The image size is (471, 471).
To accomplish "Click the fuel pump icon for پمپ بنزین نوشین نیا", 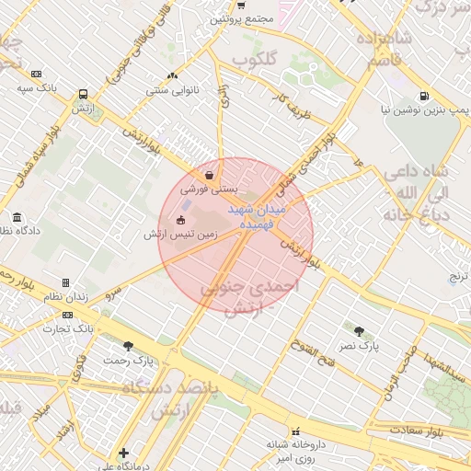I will point(423,95).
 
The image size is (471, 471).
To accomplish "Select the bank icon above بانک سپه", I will point(36,74).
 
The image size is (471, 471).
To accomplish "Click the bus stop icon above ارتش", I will point(84,94).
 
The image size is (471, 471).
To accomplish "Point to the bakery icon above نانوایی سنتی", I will point(172,76).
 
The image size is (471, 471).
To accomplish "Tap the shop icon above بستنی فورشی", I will point(212,174).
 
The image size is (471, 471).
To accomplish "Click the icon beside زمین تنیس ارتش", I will point(180,219).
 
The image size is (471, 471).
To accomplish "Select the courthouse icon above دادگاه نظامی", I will point(16,218).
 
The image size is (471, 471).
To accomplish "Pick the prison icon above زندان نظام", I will point(65,281).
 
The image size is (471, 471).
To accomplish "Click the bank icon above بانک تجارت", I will point(67,314).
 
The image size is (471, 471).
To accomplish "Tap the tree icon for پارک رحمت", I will point(128,346).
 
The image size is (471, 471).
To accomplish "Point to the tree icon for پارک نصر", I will point(358,330).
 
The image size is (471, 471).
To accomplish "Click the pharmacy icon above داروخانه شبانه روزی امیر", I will point(294,431).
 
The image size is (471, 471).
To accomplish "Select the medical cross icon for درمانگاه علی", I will point(123,453).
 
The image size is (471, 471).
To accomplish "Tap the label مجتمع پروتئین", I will point(238,18).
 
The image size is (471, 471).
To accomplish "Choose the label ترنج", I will point(458,276).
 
